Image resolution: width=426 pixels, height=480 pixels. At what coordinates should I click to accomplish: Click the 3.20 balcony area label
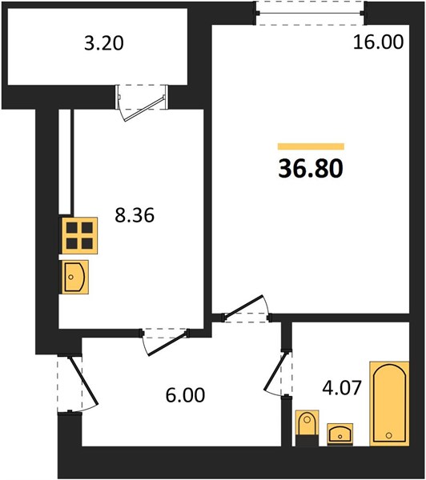pos(104,43)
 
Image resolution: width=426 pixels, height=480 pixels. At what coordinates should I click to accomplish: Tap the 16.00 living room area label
pos(378,42)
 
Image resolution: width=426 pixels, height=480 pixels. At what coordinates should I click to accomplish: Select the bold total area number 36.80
pos(311,169)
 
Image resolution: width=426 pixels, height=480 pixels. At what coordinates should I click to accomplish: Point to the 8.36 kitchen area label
pos(135,215)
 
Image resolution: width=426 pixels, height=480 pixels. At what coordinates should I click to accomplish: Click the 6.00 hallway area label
pos(185,395)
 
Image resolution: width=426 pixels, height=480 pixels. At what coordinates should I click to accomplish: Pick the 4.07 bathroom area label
pos(342,388)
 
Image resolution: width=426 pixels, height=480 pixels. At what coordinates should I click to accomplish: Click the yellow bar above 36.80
pos(311,146)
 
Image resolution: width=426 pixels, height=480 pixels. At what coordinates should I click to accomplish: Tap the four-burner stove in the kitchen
pos(80,235)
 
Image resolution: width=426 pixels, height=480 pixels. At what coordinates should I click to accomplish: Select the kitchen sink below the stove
pos(75,277)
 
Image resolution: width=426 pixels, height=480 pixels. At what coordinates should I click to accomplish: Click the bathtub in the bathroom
pos(389,403)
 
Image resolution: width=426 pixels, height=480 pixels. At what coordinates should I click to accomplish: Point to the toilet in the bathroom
pos(307,428)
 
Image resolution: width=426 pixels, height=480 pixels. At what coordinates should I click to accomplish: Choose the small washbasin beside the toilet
pos(340,434)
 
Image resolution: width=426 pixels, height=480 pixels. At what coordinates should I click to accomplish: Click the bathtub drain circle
pos(389,435)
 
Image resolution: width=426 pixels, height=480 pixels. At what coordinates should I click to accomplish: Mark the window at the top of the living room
pos(311,13)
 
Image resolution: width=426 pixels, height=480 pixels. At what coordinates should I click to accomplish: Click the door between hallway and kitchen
pos(166,341)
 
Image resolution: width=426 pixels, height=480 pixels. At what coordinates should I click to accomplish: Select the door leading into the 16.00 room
pos(246,309)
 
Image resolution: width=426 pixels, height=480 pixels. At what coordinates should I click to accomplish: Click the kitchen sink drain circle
pos(70,277)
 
